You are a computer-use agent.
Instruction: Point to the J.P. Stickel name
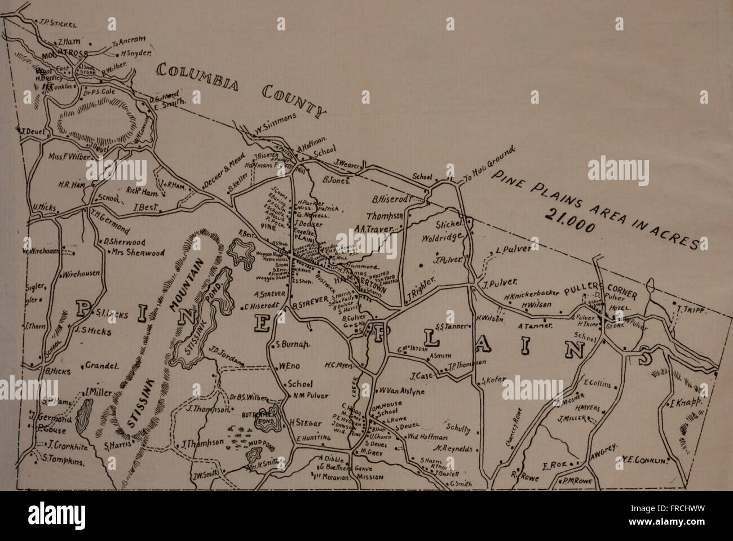[61, 24]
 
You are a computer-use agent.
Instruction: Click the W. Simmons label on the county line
[275, 123]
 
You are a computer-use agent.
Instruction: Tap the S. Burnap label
[294, 345]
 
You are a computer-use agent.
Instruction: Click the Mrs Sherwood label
[138, 252]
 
